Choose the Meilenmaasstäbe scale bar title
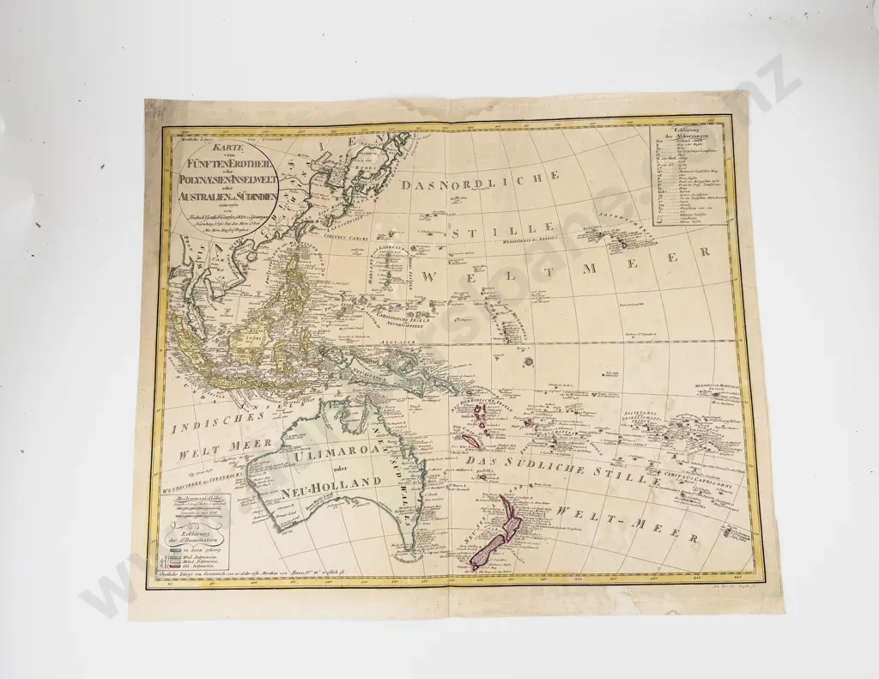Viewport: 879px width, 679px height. coord(198,498)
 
